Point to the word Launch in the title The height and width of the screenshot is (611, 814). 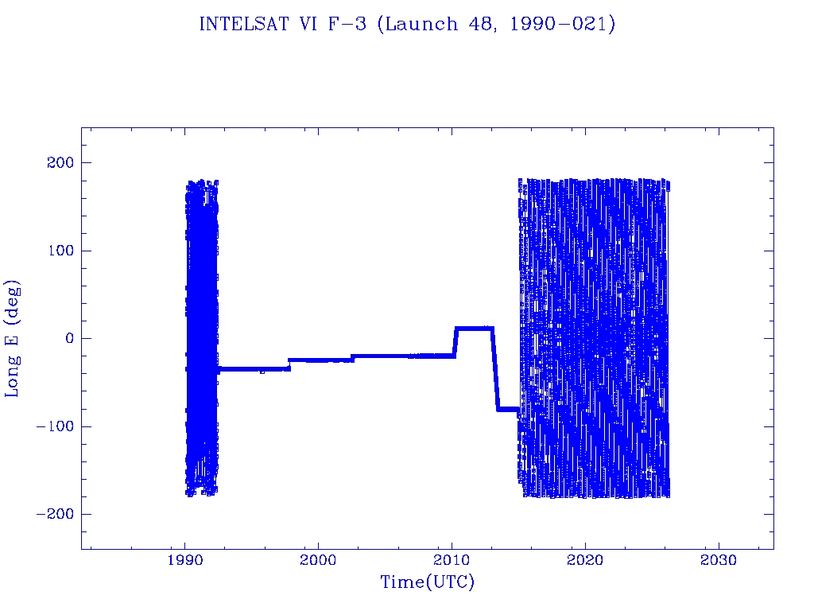421,25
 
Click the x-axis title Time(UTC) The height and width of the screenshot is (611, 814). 428,582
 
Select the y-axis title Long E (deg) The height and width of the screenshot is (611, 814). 14,338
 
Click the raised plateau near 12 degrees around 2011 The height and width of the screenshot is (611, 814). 474,328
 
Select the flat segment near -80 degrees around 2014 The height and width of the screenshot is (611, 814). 507,409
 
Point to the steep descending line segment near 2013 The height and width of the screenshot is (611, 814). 494,369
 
